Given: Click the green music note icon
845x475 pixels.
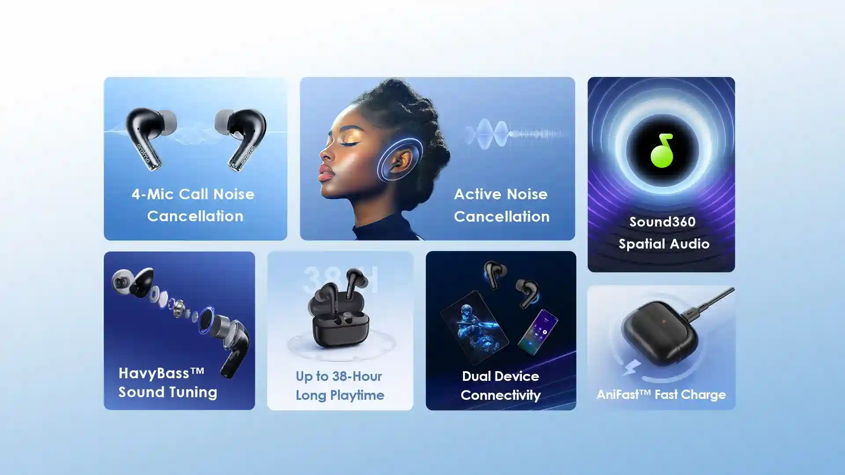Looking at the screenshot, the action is pos(661,150).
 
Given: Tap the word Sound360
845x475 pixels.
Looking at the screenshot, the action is pos(662,222).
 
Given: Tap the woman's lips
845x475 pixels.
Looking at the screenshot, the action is pos(325,173).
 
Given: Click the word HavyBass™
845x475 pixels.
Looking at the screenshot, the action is pos(162,373).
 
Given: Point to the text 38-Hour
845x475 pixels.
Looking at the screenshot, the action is pos(357,376).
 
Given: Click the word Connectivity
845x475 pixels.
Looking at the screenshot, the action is pos(501,395).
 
